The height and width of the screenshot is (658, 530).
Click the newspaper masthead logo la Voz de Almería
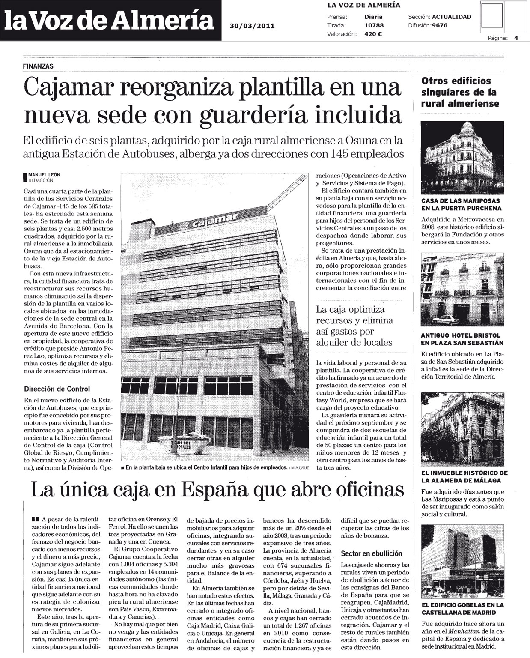coord(110,20)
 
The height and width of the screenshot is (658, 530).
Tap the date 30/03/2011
coord(252,26)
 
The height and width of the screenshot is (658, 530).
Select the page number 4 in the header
coord(516,38)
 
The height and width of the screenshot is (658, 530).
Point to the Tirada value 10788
coord(375,26)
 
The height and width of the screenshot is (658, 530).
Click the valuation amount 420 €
coord(373,34)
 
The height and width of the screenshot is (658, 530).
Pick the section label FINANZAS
coord(38,66)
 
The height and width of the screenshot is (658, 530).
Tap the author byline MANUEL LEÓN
coord(45,175)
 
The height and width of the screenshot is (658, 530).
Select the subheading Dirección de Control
coord(57,389)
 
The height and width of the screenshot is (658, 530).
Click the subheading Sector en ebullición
coord(371,553)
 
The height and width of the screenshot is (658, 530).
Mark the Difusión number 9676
coord(440,26)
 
